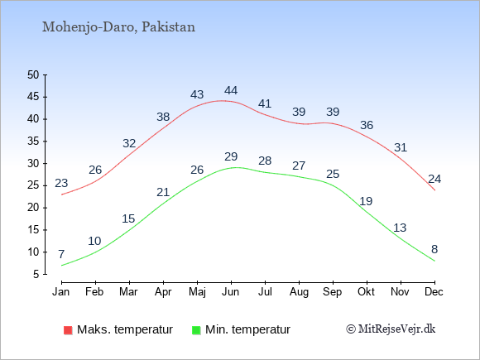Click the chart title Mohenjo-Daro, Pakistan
[118, 27]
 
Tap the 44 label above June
[231, 90]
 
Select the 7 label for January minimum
[61, 254]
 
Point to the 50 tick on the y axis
[33, 74]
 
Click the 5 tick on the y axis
[36, 274]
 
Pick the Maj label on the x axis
[197, 292]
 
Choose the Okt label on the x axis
[366, 292]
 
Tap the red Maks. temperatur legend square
[68, 330]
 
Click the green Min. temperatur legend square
[196, 330]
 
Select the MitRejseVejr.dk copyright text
[391, 329]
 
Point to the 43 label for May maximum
[197, 94]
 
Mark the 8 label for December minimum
[434, 249]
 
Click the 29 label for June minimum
[231, 156]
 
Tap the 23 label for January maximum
[61, 183]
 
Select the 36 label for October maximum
[367, 125]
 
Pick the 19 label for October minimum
[366, 201]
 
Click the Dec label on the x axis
[434, 292]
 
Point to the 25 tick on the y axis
[33, 185]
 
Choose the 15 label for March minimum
[128, 218]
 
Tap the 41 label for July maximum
[265, 103]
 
